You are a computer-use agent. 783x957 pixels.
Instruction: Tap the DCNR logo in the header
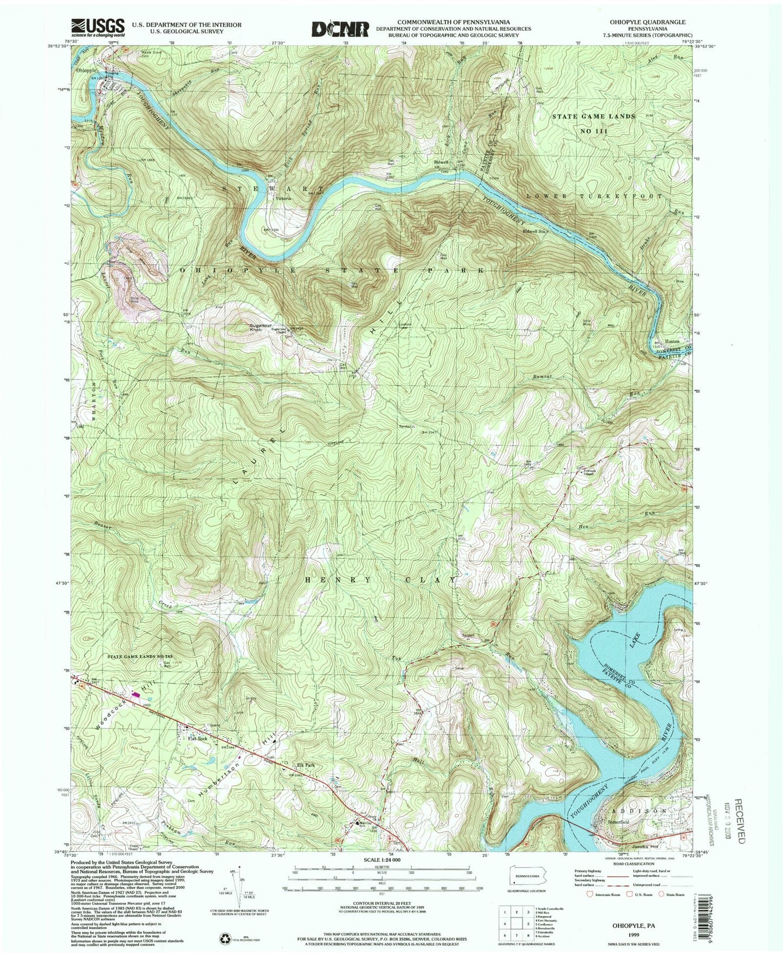pyautogui.click(x=339, y=28)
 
